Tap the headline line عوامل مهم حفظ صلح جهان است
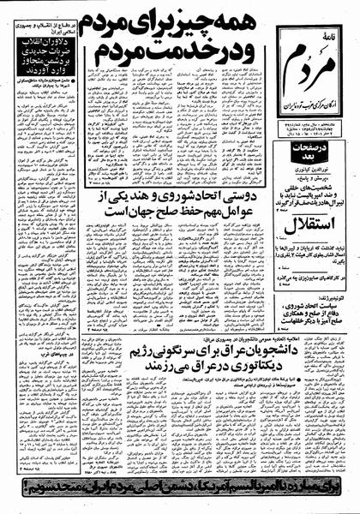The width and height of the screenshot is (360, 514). click(x=176, y=224)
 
